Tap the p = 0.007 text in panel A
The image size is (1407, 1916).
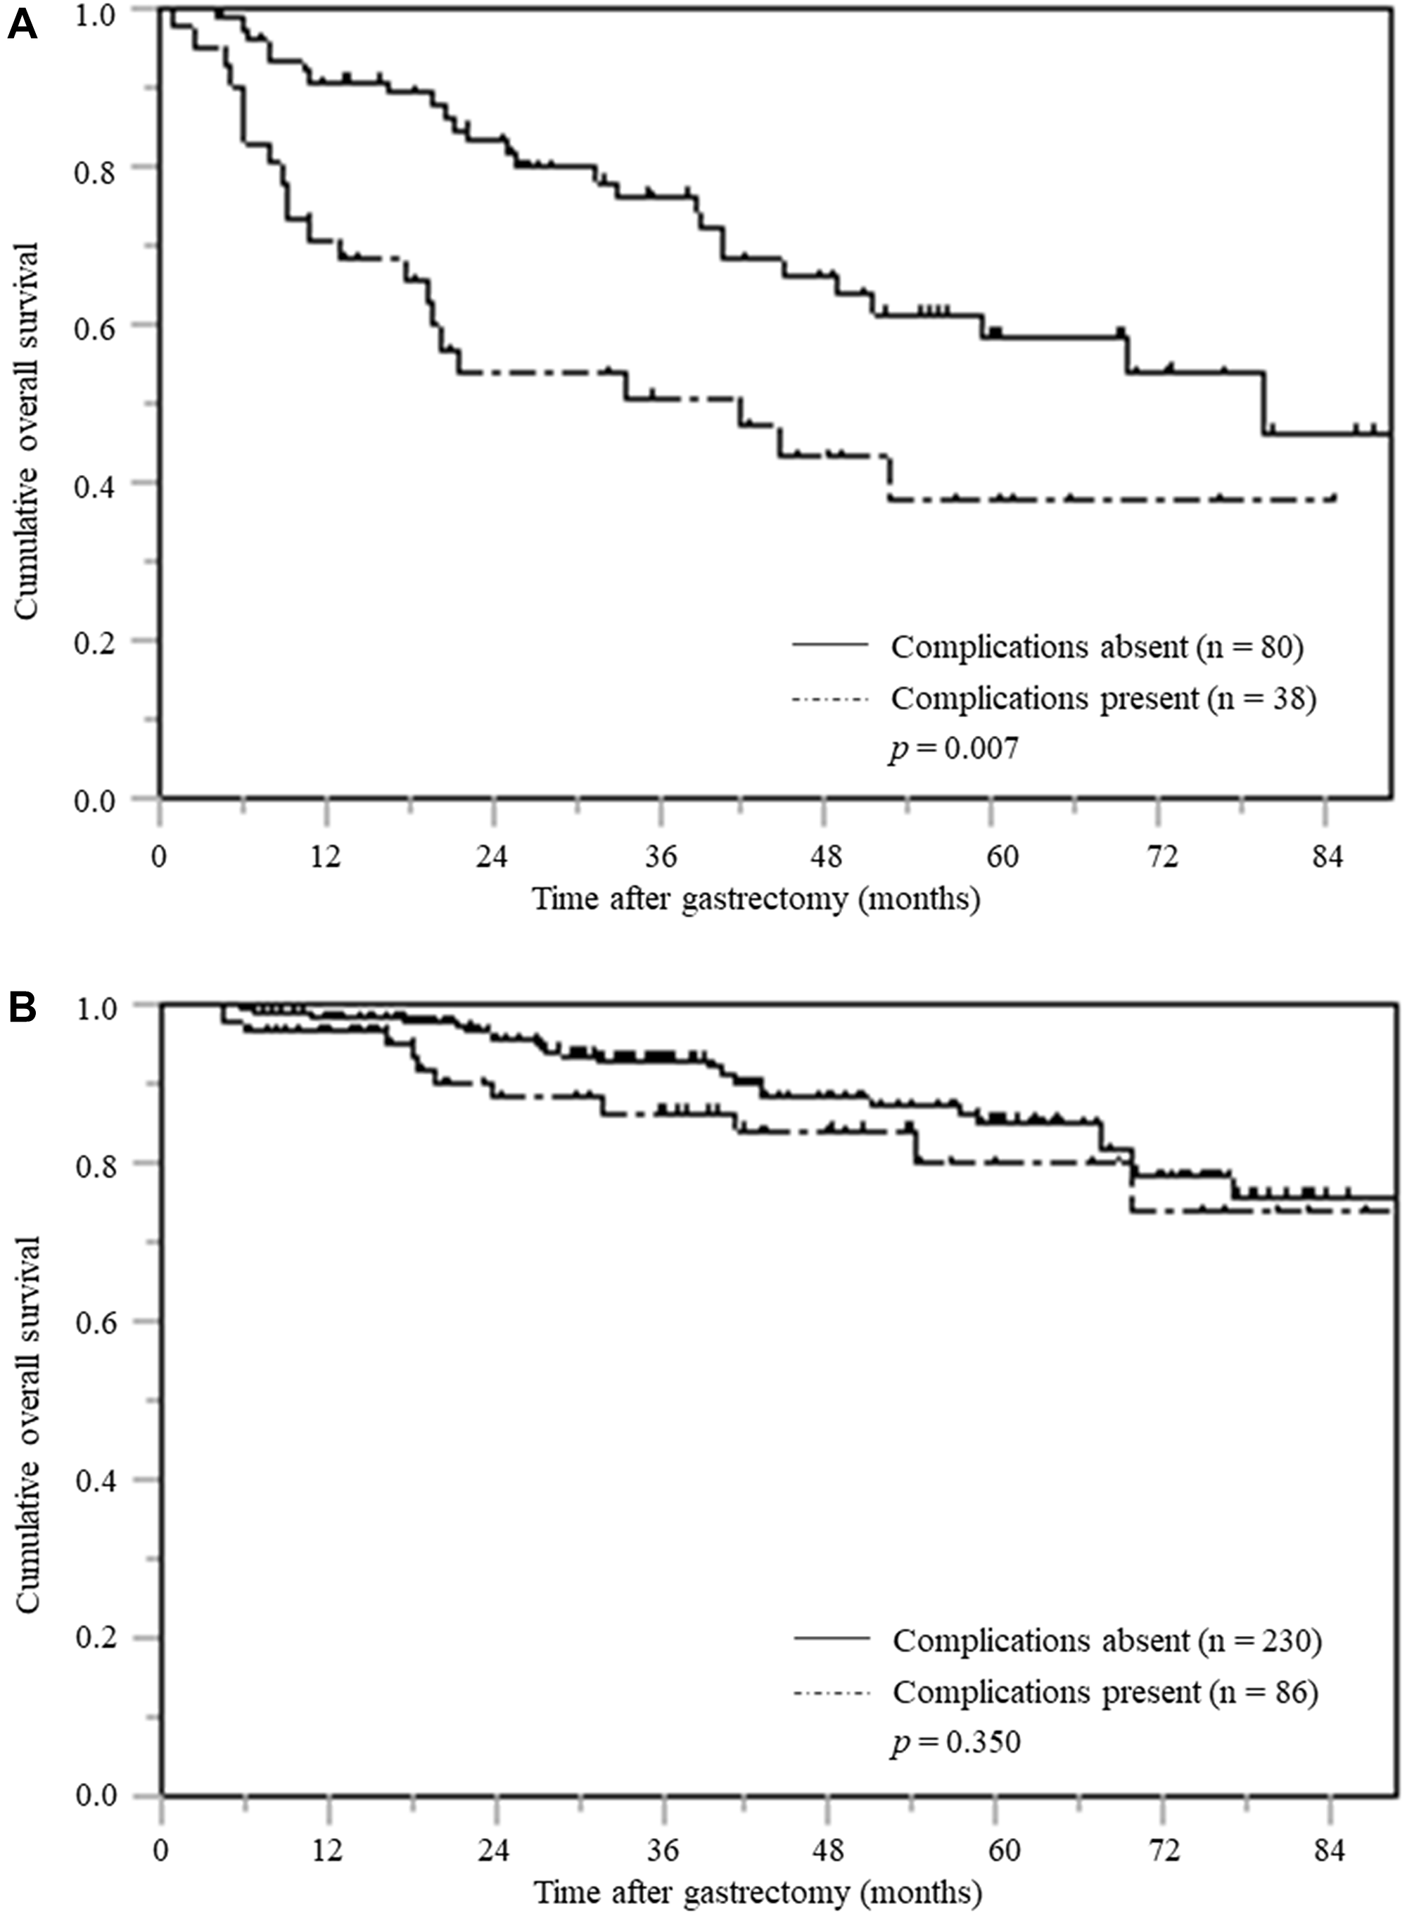(953, 749)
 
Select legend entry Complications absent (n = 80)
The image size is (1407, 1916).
(1096, 647)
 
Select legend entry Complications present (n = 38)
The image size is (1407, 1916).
(1103, 699)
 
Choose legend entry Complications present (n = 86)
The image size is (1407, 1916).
(1104, 1692)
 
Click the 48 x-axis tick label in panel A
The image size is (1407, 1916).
(825, 856)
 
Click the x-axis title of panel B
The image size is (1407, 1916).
(758, 1893)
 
